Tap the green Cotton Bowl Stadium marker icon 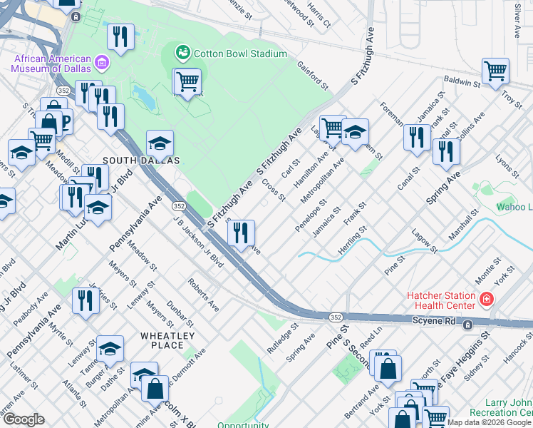[x=183, y=53]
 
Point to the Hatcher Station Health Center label [x=440, y=300]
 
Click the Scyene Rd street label [x=433, y=322]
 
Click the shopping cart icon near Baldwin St [x=495, y=71]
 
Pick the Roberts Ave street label [x=204, y=295]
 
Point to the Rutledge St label [x=281, y=340]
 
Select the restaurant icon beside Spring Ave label [x=446, y=151]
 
